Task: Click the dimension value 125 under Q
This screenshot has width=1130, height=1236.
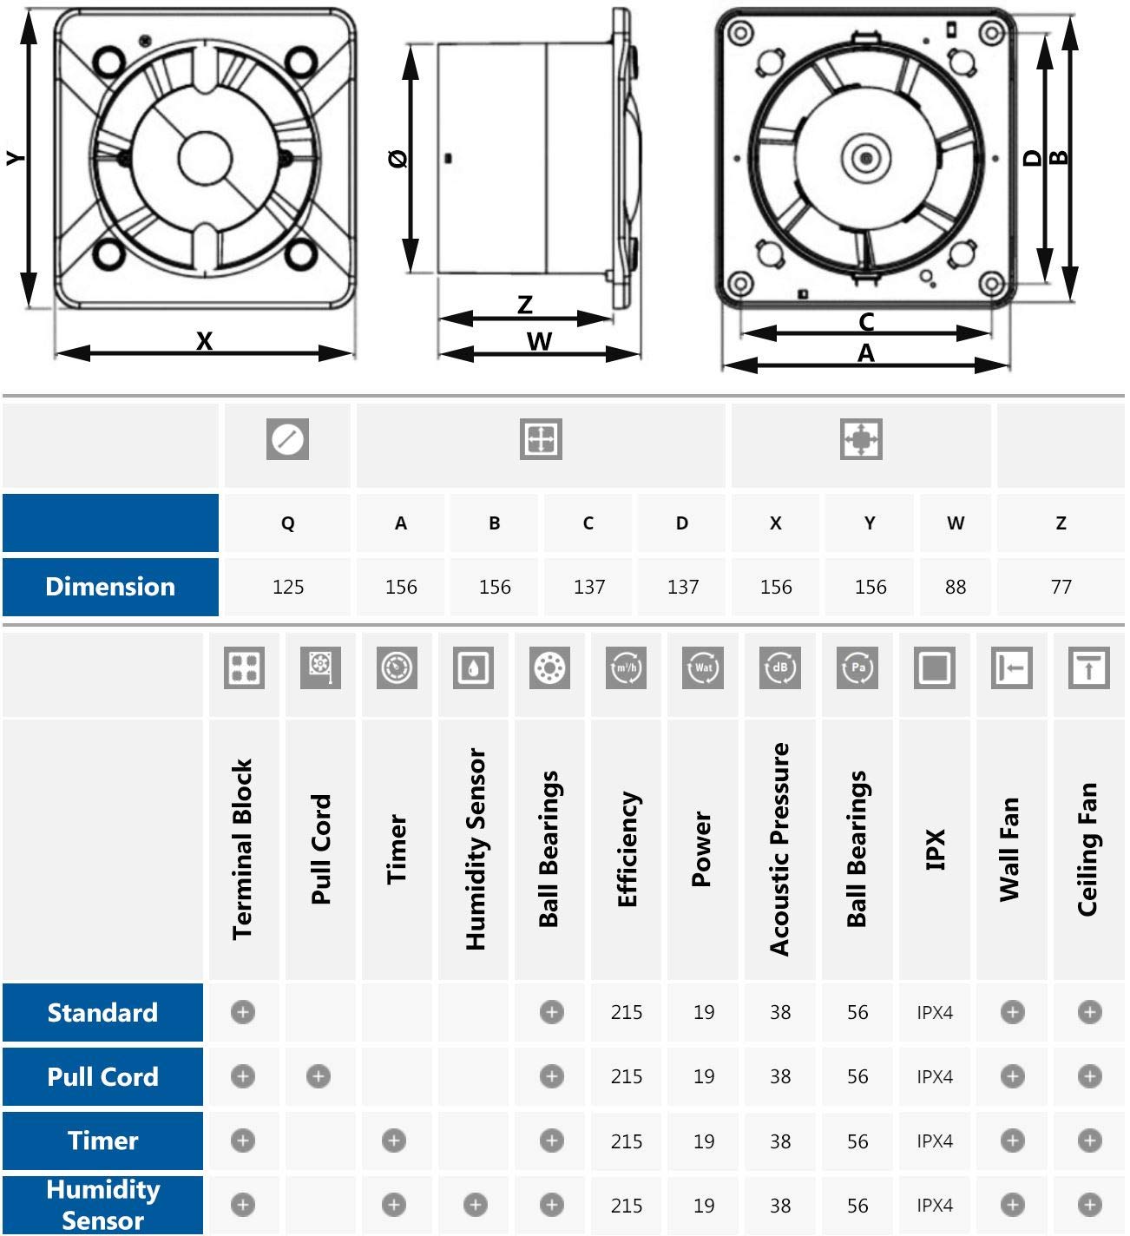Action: [x=287, y=588]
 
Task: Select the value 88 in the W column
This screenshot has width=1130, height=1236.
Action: [x=955, y=588]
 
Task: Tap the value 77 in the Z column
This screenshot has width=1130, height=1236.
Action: [x=1061, y=588]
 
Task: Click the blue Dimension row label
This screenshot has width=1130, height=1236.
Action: [x=110, y=587]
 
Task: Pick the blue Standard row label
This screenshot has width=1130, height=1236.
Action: [x=102, y=1013]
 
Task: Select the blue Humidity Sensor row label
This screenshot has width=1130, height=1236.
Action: [x=102, y=1205]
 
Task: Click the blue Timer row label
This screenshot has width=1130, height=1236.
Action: [x=102, y=1141]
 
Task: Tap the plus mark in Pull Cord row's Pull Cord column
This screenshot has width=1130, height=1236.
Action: [x=319, y=1076]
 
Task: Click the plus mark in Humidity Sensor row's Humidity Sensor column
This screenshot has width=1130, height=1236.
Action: [x=475, y=1205]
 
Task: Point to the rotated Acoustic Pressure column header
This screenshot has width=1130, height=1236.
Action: [x=779, y=850]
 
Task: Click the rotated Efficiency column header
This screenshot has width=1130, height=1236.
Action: [x=627, y=850]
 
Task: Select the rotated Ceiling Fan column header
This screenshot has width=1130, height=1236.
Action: [x=1087, y=850]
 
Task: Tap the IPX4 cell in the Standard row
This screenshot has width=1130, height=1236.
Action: [x=935, y=1013]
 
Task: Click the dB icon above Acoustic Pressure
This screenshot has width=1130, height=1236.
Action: [x=779, y=668]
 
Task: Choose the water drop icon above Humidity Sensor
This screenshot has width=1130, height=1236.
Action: [x=474, y=668]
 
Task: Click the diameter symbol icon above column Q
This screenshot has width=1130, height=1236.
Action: [x=287, y=439]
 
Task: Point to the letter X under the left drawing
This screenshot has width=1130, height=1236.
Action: [x=204, y=341]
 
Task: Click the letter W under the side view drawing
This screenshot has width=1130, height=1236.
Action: [x=539, y=342]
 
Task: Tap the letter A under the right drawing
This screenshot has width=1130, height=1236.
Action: [x=865, y=354]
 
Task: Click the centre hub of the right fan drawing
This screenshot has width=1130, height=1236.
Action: [x=866, y=158]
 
